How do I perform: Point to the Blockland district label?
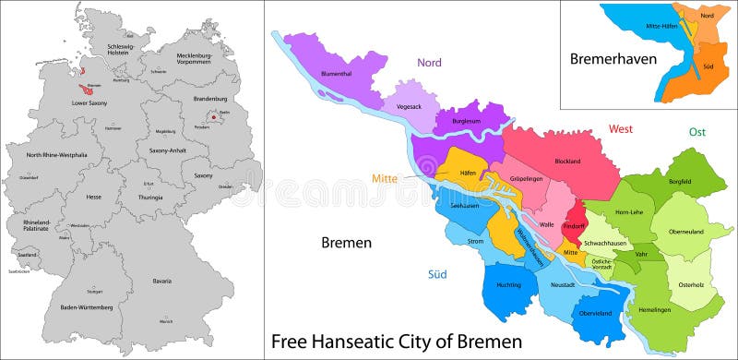pyautogui.click(x=567, y=162)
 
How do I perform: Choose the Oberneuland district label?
pyautogui.click(x=685, y=232)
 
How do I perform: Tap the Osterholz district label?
pyautogui.click(x=691, y=284)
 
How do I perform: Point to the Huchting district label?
pyautogui.click(x=508, y=285)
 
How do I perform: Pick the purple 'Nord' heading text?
pyautogui.click(x=429, y=63)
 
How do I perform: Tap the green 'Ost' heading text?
pyautogui.click(x=696, y=132)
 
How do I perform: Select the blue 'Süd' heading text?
pyautogui.click(x=437, y=274)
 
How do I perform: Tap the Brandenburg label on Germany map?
pyautogui.click(x=209, y=99)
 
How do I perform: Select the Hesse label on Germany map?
pyautogui.click(x=94, y=197)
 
